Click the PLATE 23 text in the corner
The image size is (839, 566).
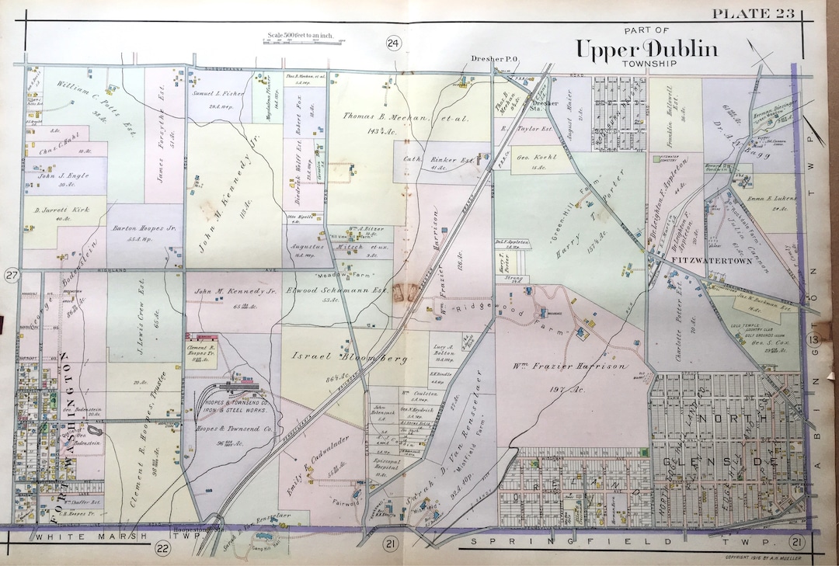click(752, 12)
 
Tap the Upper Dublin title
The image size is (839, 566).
click(646, 50)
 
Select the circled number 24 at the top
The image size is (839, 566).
click(393, 43)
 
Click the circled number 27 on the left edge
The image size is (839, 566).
click(11, 276)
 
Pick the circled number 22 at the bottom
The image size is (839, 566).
click(162, 548)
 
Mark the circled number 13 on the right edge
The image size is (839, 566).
click(813, 339)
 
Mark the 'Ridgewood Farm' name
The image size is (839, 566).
click(481, 311)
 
